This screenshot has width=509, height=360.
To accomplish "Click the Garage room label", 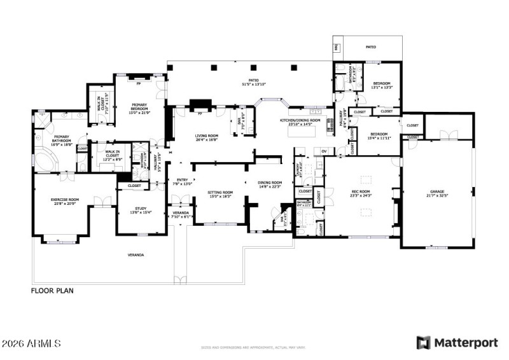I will [436, 192].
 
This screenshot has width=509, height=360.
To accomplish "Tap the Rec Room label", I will [361, 192].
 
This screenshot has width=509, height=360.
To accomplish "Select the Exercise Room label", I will [64, 200].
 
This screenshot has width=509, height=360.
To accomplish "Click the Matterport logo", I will [457, 343].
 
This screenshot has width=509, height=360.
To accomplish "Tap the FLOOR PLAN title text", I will [53, 291].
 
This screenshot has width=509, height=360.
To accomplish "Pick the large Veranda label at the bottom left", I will [136, 254].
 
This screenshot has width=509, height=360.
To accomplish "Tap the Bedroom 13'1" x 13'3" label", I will [382, 85].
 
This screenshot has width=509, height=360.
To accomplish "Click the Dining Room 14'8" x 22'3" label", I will [269, 185].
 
